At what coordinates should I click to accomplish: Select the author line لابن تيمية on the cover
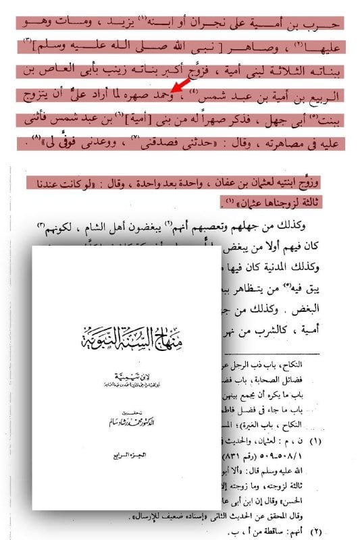coord(127,372)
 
